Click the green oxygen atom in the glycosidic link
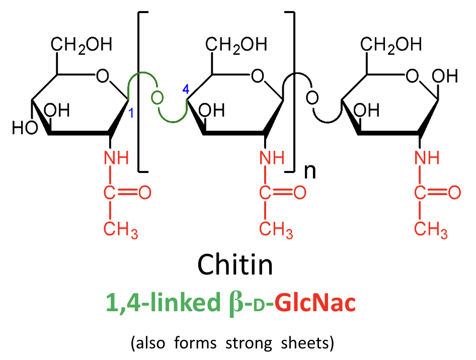click(x=157, y=97)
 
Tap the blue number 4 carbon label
click(x=185, y=90)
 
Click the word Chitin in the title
click(x=235, y=263)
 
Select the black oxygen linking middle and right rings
click(x=312, y=97)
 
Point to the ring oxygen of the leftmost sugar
click(x=103, y=77)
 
